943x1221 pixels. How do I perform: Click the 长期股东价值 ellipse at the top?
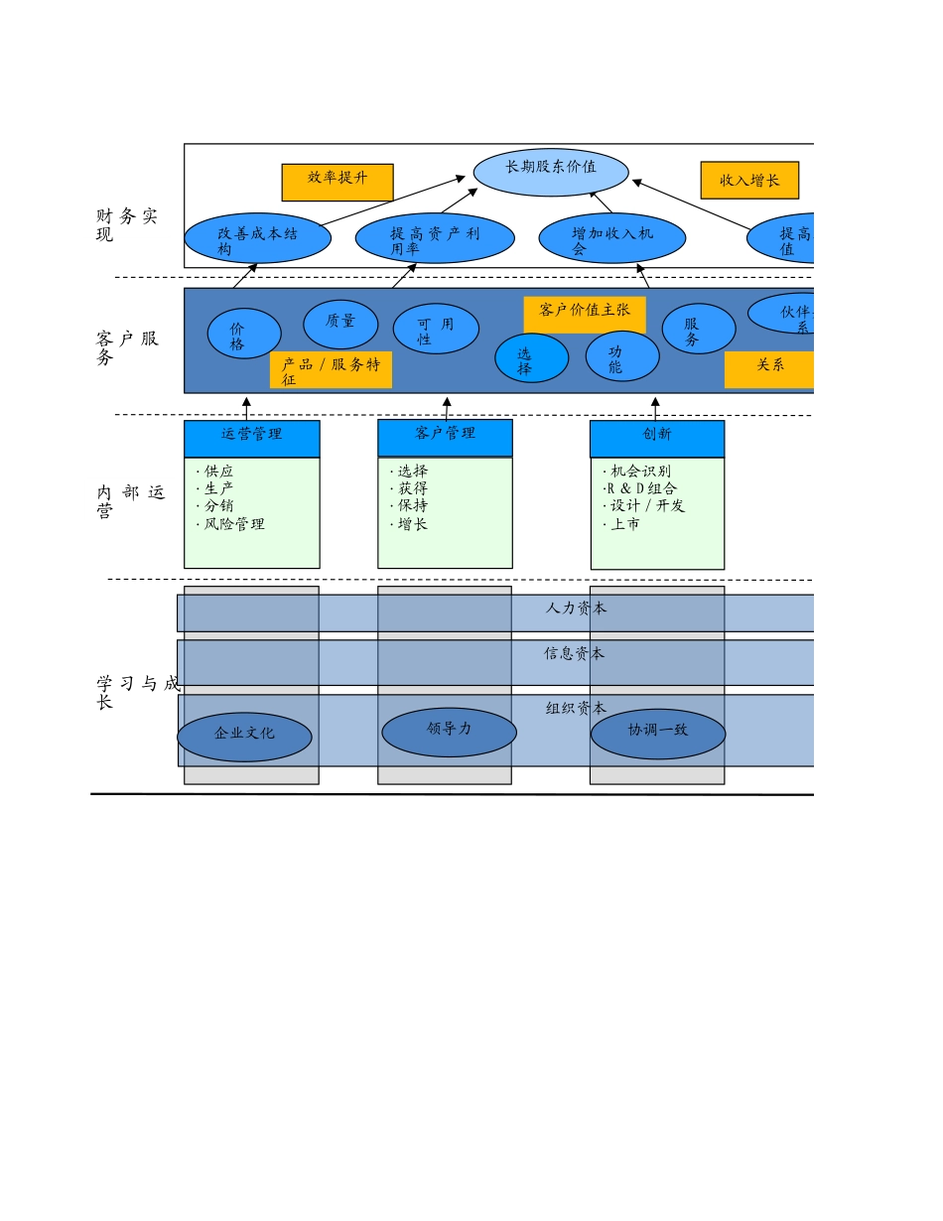551,172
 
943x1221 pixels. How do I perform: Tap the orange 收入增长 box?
749,180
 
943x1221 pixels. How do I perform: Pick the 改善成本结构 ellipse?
258,238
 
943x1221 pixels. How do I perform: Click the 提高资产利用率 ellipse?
435,238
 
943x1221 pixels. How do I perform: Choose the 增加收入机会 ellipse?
611,238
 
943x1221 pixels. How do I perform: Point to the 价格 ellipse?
244,334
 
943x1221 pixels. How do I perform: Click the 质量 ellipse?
340,324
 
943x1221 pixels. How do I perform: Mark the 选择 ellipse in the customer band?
531,357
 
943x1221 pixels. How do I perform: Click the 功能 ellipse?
622,355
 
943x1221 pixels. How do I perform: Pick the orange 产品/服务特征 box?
331,370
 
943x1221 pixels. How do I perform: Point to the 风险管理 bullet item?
234,524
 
